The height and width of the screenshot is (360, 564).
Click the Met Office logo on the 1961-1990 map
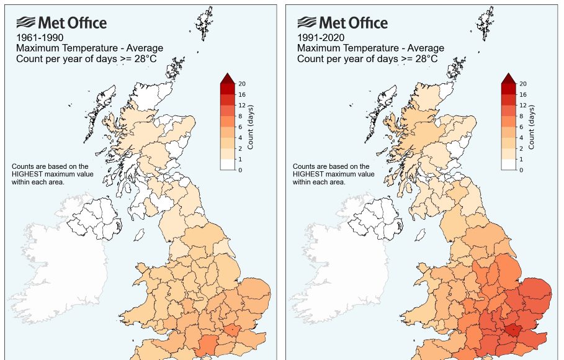pos(61,23)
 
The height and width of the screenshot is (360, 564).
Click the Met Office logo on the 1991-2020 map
pos(342,23)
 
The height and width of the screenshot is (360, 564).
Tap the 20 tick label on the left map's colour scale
pos(242,83)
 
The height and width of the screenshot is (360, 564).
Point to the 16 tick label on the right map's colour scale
pos(522,94)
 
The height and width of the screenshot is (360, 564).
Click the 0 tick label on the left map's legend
pos(240,169)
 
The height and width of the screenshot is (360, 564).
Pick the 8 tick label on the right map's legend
pos(521,116)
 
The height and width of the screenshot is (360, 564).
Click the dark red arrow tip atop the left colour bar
pos(227,78)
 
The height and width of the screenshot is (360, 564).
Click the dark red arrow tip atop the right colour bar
pos(508,78)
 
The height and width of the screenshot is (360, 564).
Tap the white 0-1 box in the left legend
pos(227,164)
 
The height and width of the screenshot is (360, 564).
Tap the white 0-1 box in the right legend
pos(508,164)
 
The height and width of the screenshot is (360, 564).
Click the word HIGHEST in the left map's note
pos(29,174)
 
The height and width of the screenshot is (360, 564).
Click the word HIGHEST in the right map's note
pos(310,174)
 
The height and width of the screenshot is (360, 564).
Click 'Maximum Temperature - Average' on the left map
pos(89,48)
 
